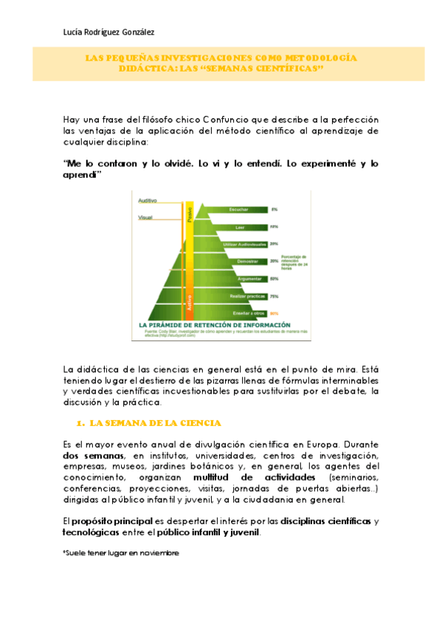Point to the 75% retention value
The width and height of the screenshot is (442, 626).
pyautogui.click(x=274, y=296)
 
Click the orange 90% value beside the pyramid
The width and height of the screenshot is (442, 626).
pyautogui.click(x=274, y=313)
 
